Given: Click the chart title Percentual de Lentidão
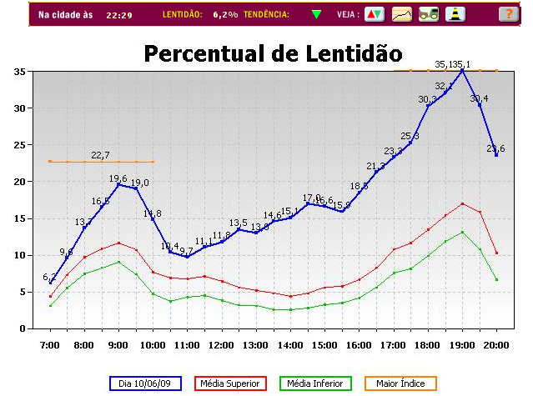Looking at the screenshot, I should [273, 53].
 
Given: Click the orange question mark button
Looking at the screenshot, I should [507, 14].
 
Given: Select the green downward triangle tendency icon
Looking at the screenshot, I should [316, 14].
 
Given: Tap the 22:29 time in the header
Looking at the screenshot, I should [118, 15].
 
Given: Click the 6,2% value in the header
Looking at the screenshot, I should [225, 15].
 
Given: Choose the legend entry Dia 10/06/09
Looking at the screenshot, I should [146, 383].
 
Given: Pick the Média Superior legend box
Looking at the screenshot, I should [232, 383].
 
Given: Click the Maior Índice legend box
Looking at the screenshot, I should [400, 383].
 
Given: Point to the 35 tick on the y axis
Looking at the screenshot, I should [18, 72].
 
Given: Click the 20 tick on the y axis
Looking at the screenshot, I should [18, 182].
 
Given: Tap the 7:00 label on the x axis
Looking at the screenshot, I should [50, 344].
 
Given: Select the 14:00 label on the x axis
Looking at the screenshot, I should [290, 344].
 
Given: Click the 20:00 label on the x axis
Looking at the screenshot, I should [496, 344].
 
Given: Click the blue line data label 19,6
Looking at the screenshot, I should [118, 178].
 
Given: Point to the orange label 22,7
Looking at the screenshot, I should [100, 155].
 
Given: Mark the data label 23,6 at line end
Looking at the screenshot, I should [496, 148].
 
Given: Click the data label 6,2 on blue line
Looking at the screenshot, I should [49, 277].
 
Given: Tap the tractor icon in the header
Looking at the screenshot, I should [429, 14].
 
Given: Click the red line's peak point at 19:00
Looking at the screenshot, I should [462, 203].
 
